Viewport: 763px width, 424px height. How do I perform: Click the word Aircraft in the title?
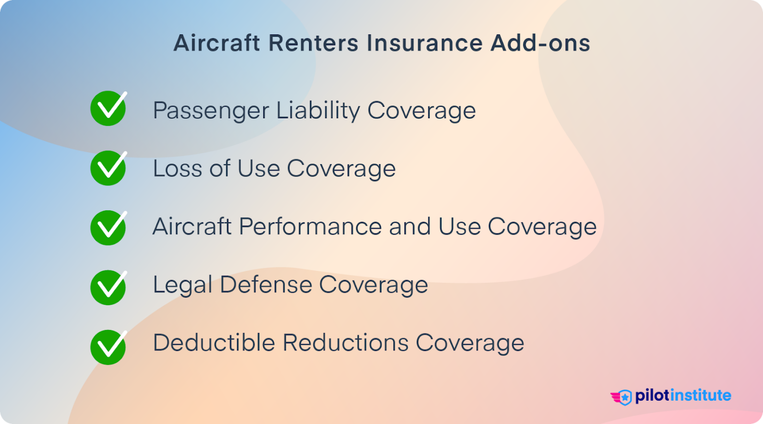point(217,43)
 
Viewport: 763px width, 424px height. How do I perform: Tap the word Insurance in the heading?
point(424,43)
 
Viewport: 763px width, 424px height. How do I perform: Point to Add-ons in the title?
point(540,43)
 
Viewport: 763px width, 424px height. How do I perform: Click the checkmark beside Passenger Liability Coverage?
point(108,108)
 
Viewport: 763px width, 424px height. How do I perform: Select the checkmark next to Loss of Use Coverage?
point(108,168)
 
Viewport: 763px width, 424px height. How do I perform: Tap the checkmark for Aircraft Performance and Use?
point(108,228)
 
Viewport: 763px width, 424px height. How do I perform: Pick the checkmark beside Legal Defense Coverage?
point(108,287)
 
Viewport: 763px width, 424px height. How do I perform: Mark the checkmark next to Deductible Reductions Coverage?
point(108,347)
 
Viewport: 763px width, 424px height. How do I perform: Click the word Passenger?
point(211,111)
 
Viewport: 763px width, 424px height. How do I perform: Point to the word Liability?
point(318,111)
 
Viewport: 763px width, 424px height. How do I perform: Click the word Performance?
point(310,227)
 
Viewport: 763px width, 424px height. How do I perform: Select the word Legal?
point(182,285)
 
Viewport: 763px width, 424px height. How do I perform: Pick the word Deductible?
point(214,342)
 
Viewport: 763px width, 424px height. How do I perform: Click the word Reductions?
point(346,342)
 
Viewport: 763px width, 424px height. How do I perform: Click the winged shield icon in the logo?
point(621,397)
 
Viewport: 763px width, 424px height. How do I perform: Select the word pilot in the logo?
point(652,396)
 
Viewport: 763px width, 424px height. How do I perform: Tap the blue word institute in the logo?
point(700,395)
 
